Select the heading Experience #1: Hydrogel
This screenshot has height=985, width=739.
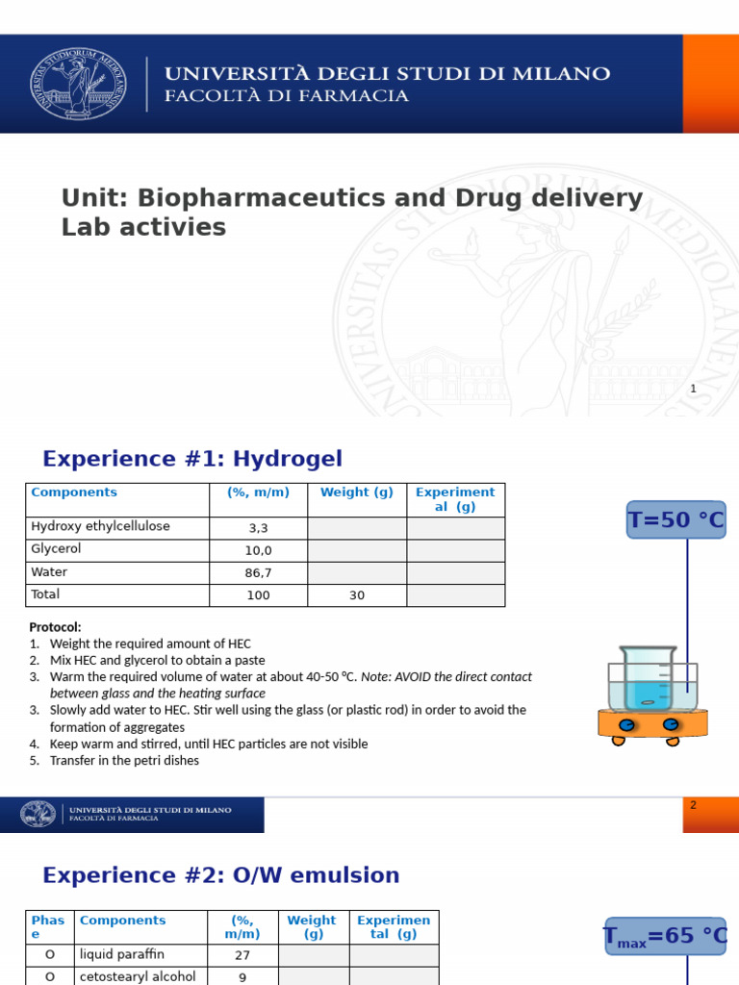192,459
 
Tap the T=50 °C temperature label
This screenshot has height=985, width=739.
675,520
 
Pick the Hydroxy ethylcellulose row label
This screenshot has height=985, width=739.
100,526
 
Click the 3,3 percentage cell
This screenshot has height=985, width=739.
258,528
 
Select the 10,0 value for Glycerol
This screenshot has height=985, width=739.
258,550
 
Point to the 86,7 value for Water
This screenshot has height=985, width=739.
258,572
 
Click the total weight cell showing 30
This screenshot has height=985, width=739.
357,595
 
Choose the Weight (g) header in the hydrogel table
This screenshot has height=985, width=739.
357,492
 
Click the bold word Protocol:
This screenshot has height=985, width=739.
55,627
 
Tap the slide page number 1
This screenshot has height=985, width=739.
693,389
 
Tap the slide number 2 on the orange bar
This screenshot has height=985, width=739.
693,805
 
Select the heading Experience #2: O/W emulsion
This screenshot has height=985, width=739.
220,875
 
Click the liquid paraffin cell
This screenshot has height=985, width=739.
122,954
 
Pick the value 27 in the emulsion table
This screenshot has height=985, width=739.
242,955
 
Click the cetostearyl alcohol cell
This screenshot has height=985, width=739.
138,976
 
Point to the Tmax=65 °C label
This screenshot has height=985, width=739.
665,936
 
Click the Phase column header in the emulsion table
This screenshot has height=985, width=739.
47,927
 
